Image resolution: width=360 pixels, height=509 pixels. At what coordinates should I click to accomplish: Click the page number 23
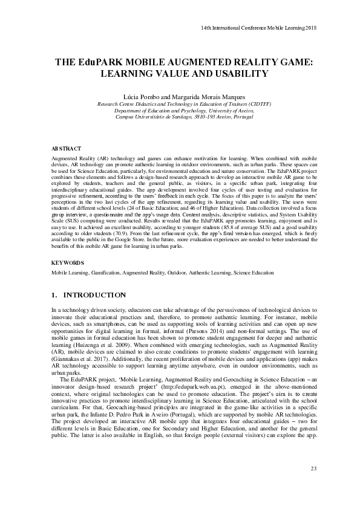(x=313, y=468)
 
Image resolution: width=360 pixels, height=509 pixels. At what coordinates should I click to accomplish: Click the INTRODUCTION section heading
(x=95, y=295)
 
